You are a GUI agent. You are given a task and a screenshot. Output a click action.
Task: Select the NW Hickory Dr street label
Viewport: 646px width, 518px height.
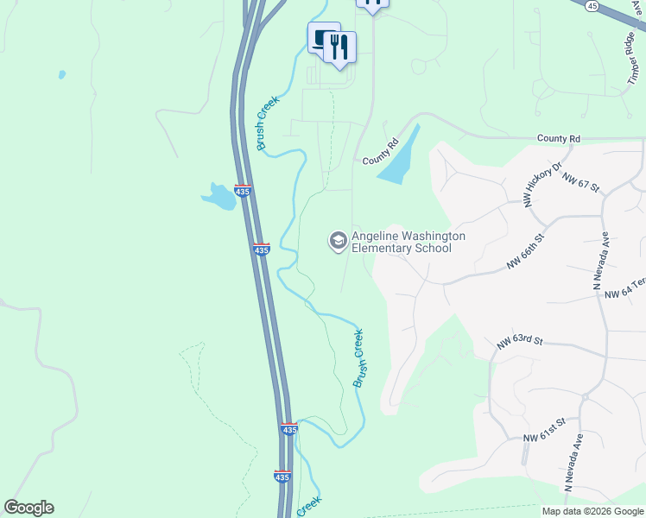541,184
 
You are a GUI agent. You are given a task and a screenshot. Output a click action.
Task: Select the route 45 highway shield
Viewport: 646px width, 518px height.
592,6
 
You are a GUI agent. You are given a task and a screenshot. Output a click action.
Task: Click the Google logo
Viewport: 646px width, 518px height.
28,508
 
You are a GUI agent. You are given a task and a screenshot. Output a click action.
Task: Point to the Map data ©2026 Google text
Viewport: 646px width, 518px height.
592,511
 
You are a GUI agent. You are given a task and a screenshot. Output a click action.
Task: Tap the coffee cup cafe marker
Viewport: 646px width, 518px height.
323,38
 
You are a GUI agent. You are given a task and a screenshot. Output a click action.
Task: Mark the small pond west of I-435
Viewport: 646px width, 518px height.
218,197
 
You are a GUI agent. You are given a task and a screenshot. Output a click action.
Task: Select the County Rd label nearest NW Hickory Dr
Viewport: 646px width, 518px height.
558,138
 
